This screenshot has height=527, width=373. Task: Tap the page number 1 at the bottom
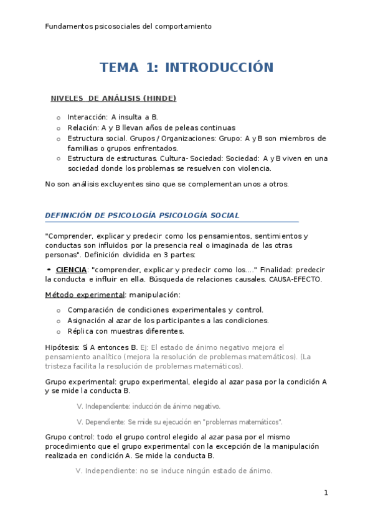(x=326, y=493)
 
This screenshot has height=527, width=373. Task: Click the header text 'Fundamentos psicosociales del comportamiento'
(x=128, y=27)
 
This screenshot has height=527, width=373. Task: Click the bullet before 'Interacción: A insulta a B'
(x=59, y=117)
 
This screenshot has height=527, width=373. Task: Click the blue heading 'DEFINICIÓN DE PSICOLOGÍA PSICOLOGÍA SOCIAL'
(x=142, y=215)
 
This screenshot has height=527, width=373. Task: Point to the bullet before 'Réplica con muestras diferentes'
(x=59, y=331)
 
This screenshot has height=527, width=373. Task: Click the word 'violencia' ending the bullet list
(x=253, y=168)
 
